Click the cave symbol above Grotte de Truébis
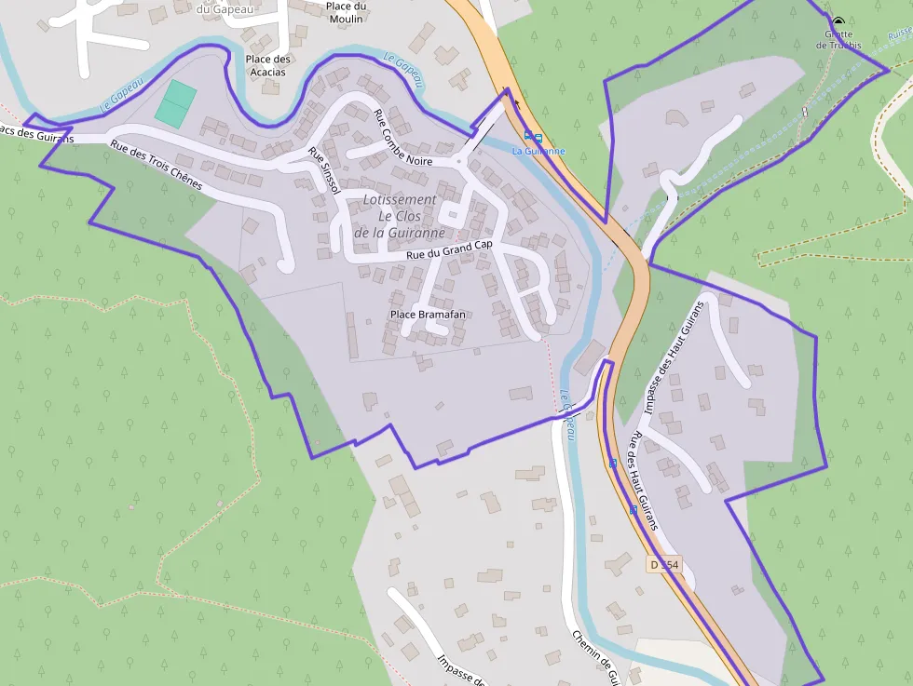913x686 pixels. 838,21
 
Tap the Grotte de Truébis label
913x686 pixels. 838,39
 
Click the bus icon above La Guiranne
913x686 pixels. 533,137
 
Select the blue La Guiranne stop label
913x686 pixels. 538,151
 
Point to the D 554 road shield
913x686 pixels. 665,565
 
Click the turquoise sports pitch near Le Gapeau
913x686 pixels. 176,102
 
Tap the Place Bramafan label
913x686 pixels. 428,315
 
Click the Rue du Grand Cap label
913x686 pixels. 449,250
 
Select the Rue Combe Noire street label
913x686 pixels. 402,136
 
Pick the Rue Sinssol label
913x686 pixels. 324,167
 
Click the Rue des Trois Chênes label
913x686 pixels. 156,165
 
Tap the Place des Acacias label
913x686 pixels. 268,65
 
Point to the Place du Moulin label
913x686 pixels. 345,12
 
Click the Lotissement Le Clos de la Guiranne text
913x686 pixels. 399,216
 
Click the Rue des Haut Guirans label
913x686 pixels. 643,480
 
